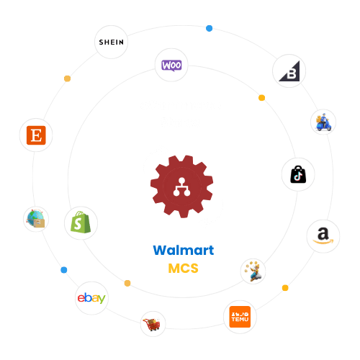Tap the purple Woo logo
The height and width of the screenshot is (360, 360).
click(171, 65)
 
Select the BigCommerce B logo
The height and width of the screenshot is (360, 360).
click(288, 73)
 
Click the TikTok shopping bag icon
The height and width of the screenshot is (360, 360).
click(298, 175)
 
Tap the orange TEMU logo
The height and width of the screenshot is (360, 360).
click(238, 318)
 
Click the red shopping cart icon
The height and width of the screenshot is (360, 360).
click(153, 325)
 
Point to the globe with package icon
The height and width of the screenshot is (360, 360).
click(35, 219)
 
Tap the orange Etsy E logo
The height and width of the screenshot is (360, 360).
click(34, 135)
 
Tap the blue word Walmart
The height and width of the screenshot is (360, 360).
click(183, 250)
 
